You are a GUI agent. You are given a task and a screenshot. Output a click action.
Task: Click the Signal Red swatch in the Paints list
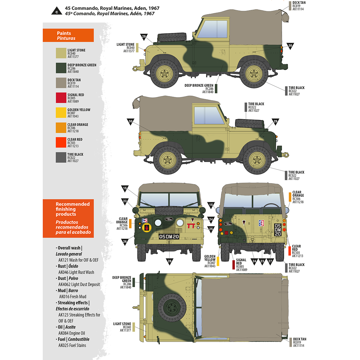tap(61, 98)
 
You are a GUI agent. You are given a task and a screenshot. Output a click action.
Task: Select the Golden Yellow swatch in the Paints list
tap(61, 113)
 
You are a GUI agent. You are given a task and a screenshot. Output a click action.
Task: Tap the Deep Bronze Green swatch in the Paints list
tap(61, 68)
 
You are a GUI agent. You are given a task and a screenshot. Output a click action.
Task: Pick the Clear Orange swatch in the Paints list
tap(61, 127)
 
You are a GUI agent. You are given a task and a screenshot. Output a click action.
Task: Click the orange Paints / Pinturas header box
tap(68, 35)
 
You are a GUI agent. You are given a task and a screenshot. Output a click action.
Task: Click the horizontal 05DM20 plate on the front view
tap(169, 237)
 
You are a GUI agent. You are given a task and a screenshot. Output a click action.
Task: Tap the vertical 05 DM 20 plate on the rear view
tap(278, 230)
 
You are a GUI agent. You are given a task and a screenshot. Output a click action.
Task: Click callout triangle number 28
tap(169, 261)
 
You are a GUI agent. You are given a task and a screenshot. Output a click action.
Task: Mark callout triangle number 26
tap(125, 241)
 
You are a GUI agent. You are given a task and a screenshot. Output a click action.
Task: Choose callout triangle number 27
tap(270, 261)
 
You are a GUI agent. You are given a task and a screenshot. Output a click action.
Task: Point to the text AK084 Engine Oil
tap(72, 333)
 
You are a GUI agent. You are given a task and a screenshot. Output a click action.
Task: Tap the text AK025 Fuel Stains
tap(72, 346)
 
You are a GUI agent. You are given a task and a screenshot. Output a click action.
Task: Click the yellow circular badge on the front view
tap(146, 228)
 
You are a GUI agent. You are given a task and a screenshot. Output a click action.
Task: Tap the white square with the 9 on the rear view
tap(261, 223)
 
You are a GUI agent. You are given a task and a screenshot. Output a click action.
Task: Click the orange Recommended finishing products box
tap(68, 218)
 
